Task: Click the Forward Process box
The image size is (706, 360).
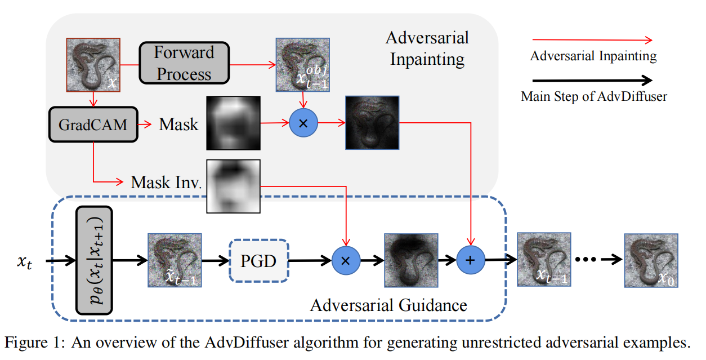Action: [x=184, y=63]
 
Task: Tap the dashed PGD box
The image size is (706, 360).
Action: [x=259, y=261]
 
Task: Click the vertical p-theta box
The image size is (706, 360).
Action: [x=94, y=261]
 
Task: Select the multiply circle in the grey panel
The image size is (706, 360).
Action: [x=303, y=123]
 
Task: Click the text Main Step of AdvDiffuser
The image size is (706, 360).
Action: [x=593, y=96]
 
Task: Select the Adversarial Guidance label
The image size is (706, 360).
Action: [x=388, y=306]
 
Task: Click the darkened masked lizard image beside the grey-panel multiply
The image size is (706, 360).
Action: [x=372, y=123]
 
